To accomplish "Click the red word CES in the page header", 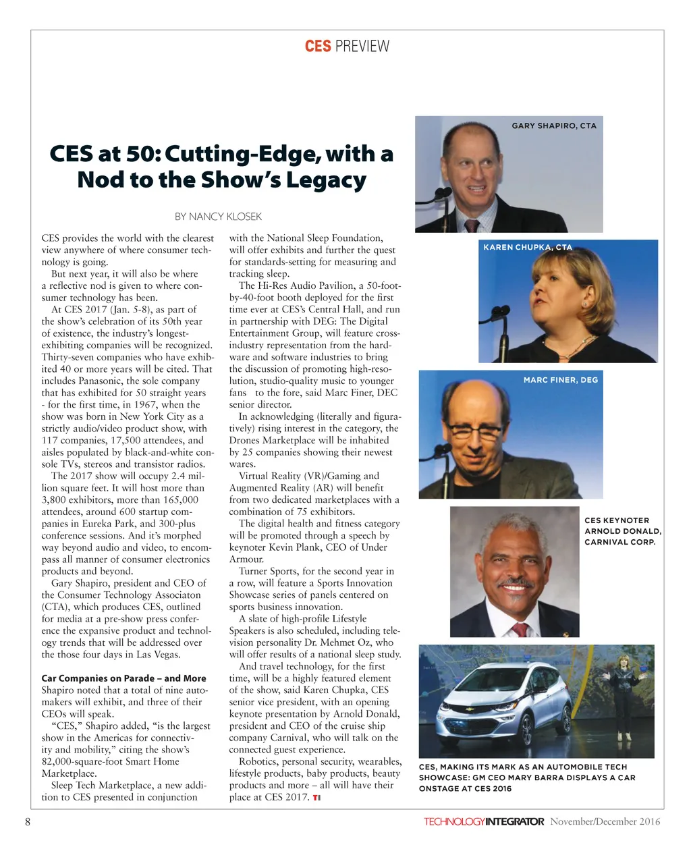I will pyautogui.click(x=317, y=46).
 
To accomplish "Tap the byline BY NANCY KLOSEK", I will pyautogui.click(x=218, y=217).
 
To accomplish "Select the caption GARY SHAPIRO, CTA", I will pyautogui.click(x=554, y=126).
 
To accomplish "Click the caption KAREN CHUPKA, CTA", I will pyautogui.click(x=527, y=247).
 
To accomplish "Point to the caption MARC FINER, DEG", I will pyautogui.click(x=561, y=380).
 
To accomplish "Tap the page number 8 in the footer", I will pyautogui.click(x=28, y=821).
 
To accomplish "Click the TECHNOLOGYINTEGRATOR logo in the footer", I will pyautogui.click(x=484, y=821).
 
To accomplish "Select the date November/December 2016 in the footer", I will pyautogui.click(x=605, y=821).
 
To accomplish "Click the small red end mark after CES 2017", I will pyautogui.click(x=316, y=798).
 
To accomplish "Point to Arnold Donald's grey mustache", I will pyautogui.click(x=515, y=581).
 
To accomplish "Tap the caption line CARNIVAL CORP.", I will pyautogui.click(x=619, y=542).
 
